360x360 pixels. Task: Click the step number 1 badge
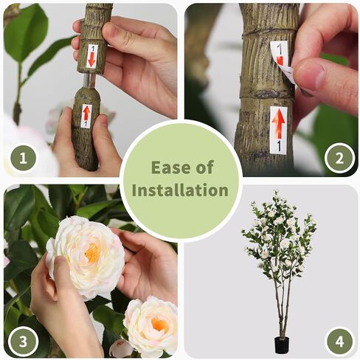[x=23, y=159]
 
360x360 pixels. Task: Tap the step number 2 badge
[x=339, y=158]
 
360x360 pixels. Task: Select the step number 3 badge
[x=23, y=341]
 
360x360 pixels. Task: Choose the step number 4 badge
[x=339, y=341]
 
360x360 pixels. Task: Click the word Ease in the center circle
[x=169, y=167]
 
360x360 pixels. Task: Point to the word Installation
[x=180, y=190]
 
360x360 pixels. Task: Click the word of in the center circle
[x=204, y=167]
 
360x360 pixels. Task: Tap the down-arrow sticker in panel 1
[x=91, y=56]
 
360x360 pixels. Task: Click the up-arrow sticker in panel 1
[x=86, y=116]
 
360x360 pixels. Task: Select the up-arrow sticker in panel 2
[x=279, y=130]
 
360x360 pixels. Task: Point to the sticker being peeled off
[x=282, y=58]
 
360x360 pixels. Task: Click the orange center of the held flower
[x=93, y=253]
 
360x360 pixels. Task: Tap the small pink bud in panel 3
[x=120, y=347]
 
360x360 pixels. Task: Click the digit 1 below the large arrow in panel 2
[x=279, y=146]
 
